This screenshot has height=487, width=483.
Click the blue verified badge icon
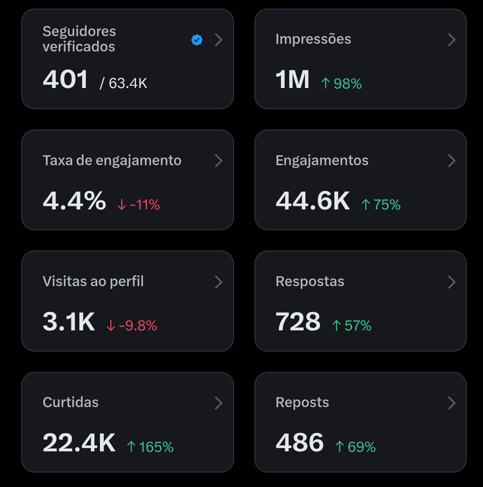point(197,40)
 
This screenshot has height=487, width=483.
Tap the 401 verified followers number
point(66,79)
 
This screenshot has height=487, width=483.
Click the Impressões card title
point(313,39)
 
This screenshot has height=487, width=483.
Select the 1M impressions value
point(292,79)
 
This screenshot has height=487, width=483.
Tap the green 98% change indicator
point(342,83)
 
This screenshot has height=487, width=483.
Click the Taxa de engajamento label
point(112,160)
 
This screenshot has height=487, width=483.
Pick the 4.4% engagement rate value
point(74,201)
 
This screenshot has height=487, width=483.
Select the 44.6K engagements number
point(313,201)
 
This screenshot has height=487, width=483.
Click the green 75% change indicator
point(381,205)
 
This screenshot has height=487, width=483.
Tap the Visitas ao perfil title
point(93,281)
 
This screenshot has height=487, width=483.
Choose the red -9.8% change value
point(132,325)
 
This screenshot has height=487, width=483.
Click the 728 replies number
point(298,322)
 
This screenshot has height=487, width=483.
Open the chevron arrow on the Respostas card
point(451,282)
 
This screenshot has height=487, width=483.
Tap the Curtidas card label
point(70,402)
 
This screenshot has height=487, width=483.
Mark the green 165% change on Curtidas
point(150,447)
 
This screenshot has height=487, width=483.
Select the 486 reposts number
point(300,443)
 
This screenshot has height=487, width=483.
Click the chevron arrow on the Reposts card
point(451,403)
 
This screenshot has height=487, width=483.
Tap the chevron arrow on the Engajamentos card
point(451,161)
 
